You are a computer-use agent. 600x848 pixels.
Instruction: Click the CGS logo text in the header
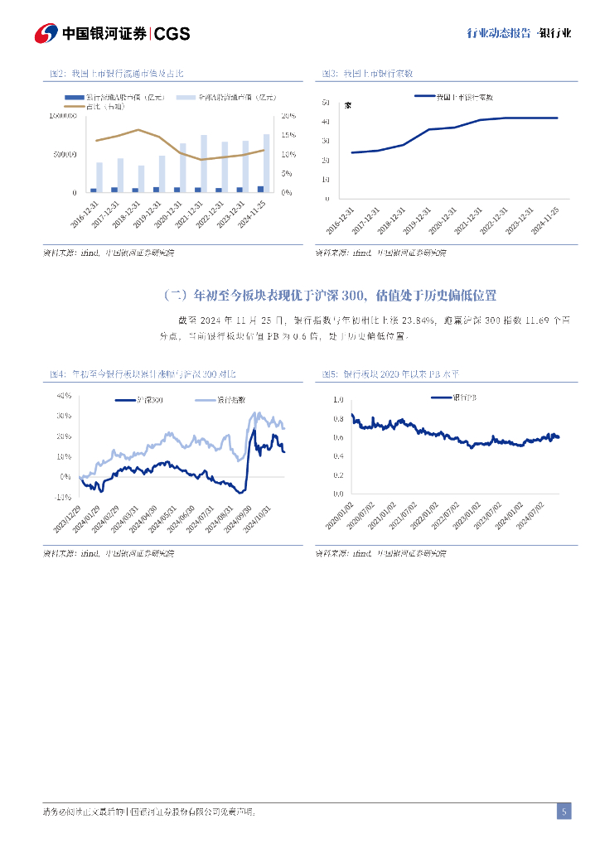pyautogui.click(x=172, y=33)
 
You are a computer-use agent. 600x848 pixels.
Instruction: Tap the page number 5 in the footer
pyautogui.click(x=564, y=812)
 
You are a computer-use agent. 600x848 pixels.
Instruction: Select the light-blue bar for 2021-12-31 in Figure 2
pyautogui.click(x=204, y=163)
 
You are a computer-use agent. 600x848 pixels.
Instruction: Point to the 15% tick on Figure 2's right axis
pyautogui.click(x=288, y=135)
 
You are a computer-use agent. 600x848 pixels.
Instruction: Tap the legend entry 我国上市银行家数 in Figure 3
pyautogui.click(x=463, y=97)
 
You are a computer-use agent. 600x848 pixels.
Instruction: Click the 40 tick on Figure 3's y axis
pyautogui.click(x=326, y=122)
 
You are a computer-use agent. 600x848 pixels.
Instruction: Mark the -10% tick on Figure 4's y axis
pyautogui.click(x=63, y=497)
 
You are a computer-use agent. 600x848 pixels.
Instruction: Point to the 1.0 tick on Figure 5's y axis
pyautogui.click(x=337, y=399)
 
